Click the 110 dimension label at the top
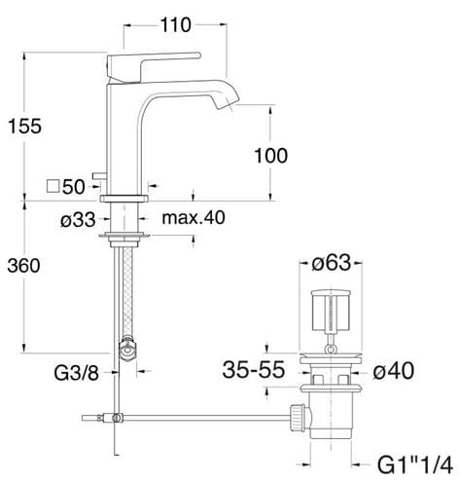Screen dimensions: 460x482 point(176,25)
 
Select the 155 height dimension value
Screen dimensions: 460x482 point(24,127)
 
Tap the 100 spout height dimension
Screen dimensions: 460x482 point(270,156)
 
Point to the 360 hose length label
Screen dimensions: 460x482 point(23,266)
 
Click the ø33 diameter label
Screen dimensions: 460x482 point(78,220)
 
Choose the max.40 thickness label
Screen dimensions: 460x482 point(194,217)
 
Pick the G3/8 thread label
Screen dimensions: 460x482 point(77,373)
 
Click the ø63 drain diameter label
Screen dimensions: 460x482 point(332,263)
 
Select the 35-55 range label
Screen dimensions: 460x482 point(254,370)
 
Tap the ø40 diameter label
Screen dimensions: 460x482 point(393,371)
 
